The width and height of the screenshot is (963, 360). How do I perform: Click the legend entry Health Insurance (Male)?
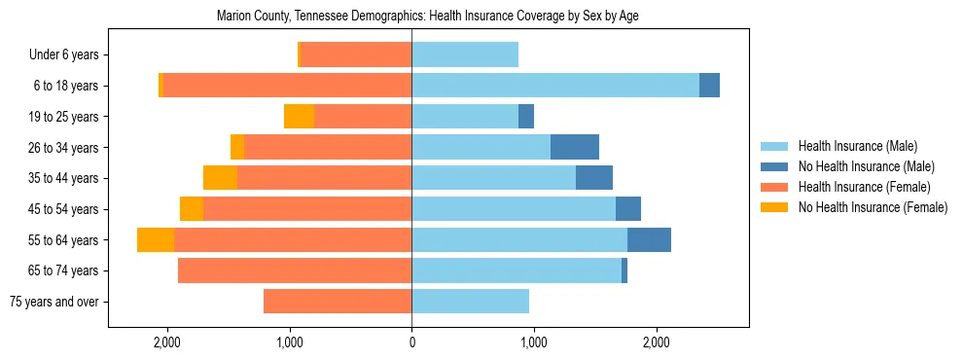[x=857, y=146]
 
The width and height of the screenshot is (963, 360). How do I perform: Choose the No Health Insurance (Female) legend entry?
[x=873, y=207]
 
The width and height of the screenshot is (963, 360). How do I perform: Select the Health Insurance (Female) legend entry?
[x=864, y=187]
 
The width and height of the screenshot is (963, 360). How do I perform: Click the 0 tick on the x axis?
[x=411, y=342]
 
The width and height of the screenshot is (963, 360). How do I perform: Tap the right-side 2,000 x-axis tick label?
[x=656, y=342]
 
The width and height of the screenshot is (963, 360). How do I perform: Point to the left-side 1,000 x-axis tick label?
[x=290, y=342]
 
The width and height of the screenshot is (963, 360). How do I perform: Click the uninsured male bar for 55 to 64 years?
[x=649, y=240]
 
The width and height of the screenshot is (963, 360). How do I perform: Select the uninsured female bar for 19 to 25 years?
[x=300, y=117]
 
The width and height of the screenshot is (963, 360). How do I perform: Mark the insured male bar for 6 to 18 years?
[x=555, y=86]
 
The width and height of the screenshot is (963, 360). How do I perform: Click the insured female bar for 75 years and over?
[x=338, y=302]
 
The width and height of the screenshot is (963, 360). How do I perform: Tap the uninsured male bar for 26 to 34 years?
[x=574, y=148]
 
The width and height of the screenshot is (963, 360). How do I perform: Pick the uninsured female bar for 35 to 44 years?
[x=220, y=178]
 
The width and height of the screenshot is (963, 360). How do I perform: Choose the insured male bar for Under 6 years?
[x=465, y=55]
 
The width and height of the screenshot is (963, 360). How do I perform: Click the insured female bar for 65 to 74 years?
[x=295, y=270]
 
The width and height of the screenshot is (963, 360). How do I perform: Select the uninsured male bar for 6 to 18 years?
[x=709, y=86]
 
